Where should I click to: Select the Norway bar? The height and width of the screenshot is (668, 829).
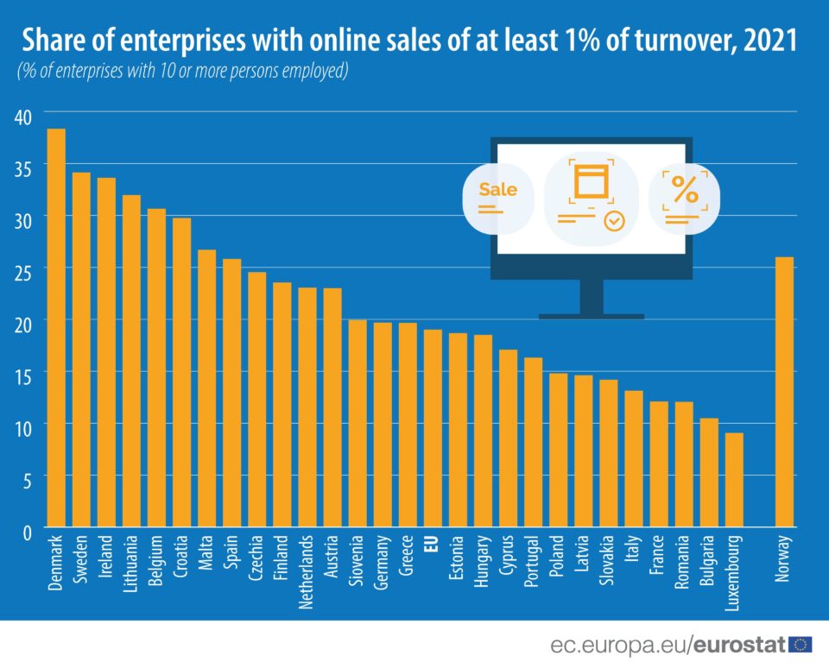click(784, 392)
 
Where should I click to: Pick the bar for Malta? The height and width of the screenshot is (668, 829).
click(207, 388)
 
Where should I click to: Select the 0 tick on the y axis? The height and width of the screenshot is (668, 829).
click(27, 530)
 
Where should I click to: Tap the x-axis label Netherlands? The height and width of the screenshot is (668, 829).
click(307, 572)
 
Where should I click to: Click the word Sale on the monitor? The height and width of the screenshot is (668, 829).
click(497, 189)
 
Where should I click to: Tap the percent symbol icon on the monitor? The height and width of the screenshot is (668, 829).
click(685, 190)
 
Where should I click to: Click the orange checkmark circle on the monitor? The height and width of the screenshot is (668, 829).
click(614, 222)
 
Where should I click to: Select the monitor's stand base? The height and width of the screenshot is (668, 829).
click(592, 316)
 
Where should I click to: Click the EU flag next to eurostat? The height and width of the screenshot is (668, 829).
click(801, 644)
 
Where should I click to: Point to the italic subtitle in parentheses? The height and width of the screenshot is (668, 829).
click(182, 72)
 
